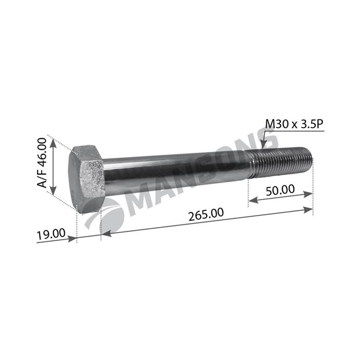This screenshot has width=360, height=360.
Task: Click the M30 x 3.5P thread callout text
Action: point(294,124)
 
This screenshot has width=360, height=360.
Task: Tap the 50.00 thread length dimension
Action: point(280,190)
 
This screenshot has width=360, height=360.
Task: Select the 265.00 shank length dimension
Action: point(206,214)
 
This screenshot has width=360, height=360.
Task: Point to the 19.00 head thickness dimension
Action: point(51,234)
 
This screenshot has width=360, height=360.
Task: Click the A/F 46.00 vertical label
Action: point(42,163)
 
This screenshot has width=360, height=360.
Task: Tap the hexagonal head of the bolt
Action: point(87,178)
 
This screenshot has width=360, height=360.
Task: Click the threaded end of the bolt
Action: point(280,163)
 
